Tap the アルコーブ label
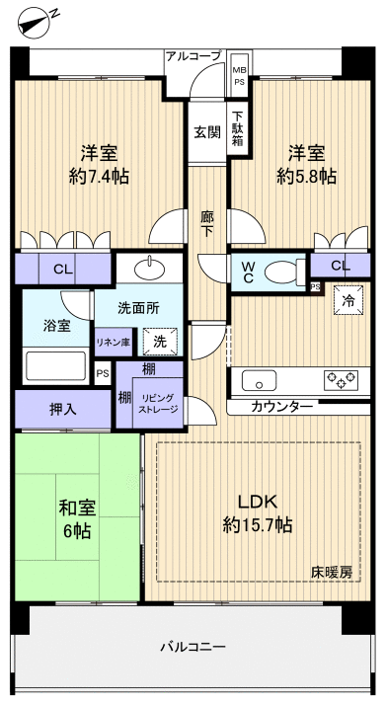pyautogui.click(x=193, y=56)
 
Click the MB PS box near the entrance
pyautogui.click(x=239, y=76)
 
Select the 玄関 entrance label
pyautogui.click(x=206, y=132)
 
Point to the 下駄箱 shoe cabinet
pyautogui.click(x=238, y=129)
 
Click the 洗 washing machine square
pyautogui.click(x=160, y=342)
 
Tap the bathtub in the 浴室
pyautogui.click(x=55, y=365)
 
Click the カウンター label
pyautogui.click(x=282, y=406)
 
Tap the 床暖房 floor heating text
pyautogui.click(x=332, y=572)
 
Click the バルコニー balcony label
pyautogui.click(x=193, y=648)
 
